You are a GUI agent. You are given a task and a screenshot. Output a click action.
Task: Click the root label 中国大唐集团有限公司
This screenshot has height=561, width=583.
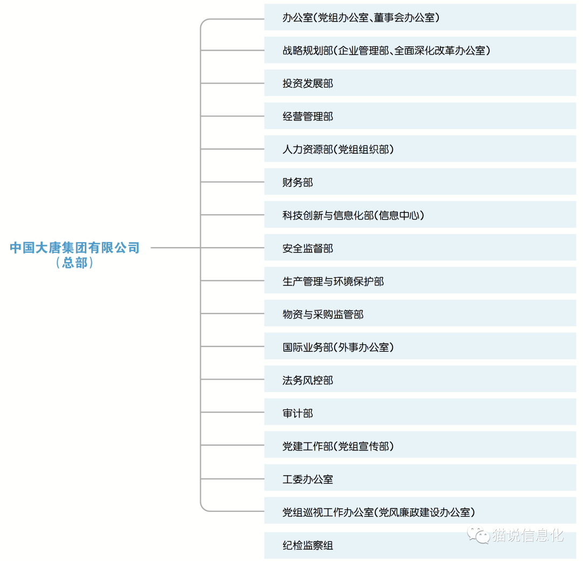[74, 248]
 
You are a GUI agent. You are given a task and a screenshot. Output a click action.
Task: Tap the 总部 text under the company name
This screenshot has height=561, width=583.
[74, 263]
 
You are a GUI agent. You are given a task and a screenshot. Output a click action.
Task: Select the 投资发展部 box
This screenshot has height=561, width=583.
[420, 83]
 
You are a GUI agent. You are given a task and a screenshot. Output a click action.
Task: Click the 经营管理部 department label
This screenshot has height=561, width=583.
[308, 117]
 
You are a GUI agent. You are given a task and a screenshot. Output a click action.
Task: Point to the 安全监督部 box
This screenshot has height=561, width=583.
[420, 248]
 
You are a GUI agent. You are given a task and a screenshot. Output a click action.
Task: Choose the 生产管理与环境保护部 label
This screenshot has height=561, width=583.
[333, 281]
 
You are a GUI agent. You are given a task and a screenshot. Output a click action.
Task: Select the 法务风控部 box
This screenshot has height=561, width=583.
[420, 379]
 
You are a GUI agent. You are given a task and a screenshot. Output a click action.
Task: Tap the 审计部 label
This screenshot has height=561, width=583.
[298, 413]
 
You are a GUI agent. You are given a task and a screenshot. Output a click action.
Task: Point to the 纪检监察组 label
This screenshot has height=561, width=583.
[308, 545]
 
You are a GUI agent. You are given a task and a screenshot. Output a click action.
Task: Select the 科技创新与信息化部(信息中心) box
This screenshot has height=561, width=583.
[420, 215]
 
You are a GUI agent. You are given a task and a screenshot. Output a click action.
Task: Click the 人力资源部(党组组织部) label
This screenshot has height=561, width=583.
[338, 149]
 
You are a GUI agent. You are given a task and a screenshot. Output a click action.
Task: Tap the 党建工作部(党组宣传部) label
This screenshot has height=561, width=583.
[338, 446]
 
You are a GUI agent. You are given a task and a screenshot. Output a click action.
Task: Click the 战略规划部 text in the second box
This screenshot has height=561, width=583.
[308, 50]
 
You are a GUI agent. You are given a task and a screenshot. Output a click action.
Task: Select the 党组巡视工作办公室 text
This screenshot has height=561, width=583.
[328, 512]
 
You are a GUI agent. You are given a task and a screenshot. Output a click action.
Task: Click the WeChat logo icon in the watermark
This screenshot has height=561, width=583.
[478, 535]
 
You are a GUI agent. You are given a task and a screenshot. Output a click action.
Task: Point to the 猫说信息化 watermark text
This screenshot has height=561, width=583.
[528, 535]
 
